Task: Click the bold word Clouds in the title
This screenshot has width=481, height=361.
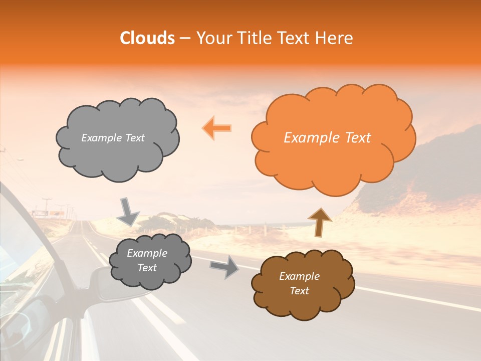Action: click(147, 38)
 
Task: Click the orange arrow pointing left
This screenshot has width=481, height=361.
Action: click(217, 128)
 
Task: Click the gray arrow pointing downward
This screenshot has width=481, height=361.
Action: click(129, 212)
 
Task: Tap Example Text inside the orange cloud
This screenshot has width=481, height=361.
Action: click(327, 138)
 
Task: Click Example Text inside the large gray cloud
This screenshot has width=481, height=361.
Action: click(113, 138)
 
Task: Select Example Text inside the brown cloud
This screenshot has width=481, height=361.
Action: click(299, 283)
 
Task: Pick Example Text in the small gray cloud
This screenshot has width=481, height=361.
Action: click(147, 261)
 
